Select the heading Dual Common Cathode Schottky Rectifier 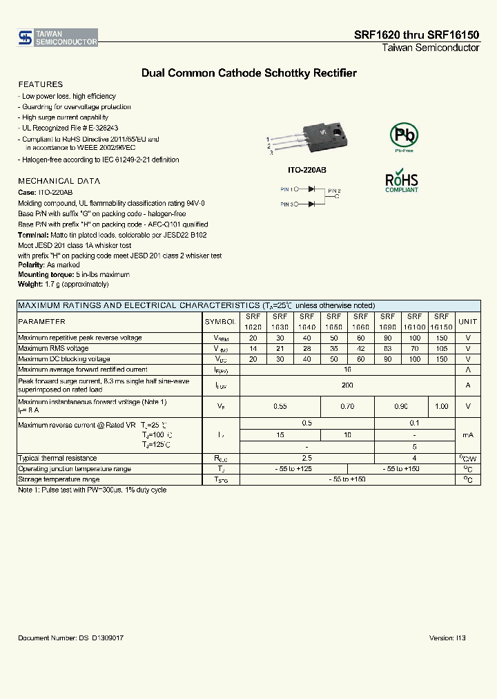coord(248,73)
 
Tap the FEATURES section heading coord(40,84)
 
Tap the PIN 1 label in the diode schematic coord(287,189)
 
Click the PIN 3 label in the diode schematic coord(287,204)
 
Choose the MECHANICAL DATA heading coord(59,181)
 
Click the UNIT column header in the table coord(467,322)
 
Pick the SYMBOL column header coord(220,322)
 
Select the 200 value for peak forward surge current coord(347,385)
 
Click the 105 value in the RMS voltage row coord(442,349)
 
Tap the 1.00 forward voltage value coord(442,407)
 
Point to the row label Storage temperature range coord(59,479)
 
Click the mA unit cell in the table coord(467,434)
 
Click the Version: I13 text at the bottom coord(447,638)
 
